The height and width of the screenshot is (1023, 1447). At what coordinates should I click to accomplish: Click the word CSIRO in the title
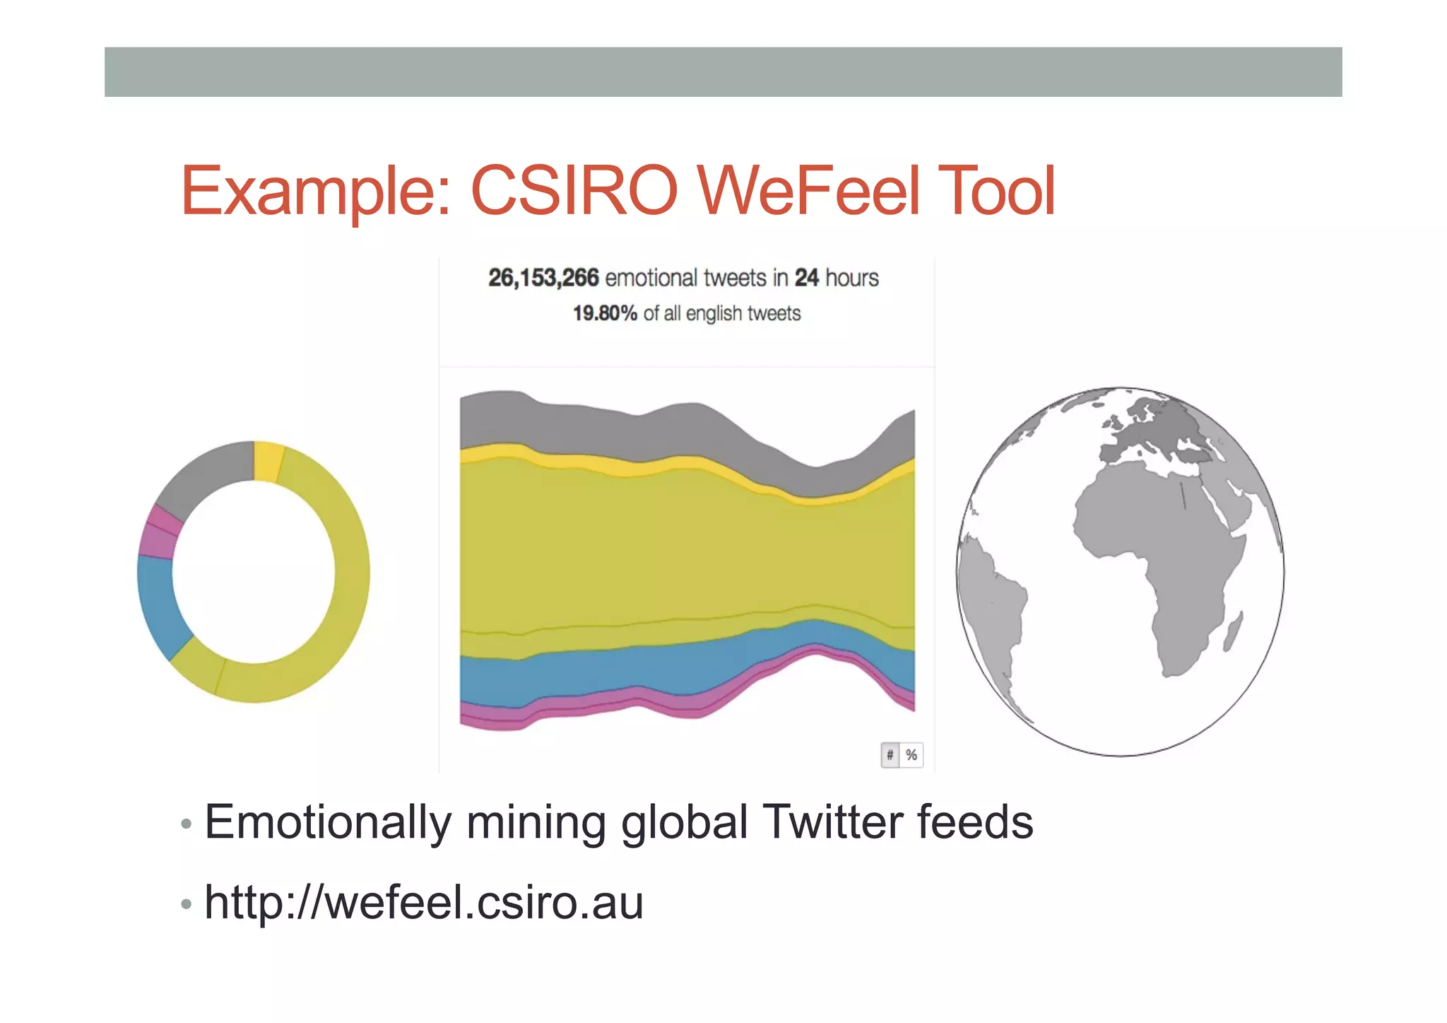574,191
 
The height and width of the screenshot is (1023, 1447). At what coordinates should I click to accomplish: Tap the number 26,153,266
543,278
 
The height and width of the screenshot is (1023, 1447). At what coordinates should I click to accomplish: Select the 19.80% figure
605,313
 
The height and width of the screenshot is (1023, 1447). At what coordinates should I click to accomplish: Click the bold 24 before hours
807,278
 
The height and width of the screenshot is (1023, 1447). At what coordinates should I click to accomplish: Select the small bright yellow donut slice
268,461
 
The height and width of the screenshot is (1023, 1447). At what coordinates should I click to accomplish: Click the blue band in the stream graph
601,672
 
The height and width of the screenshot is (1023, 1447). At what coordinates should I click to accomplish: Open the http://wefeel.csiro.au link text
424,903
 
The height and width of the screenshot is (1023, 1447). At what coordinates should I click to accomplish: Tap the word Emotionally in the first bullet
327,822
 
